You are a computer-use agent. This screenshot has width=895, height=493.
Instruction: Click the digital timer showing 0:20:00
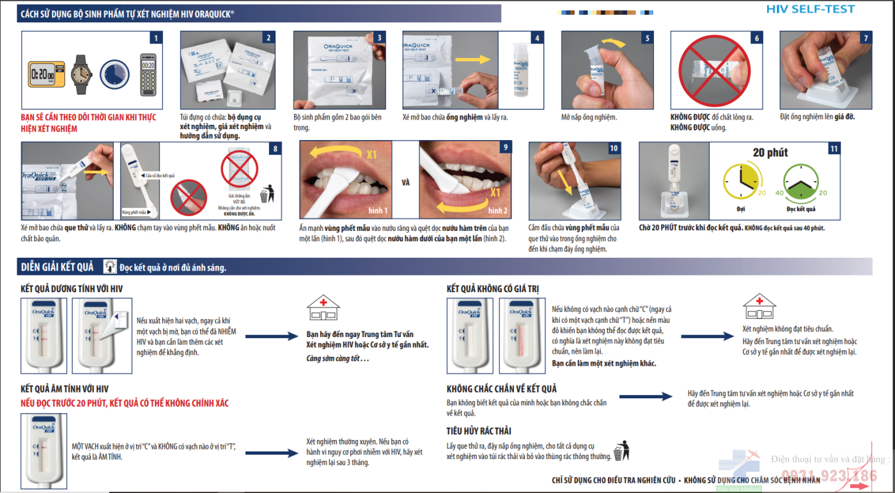click(46, 74)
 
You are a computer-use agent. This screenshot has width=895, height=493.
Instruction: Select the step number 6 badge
click(757, 38)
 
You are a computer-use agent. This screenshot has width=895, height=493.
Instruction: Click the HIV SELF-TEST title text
click(810, 9)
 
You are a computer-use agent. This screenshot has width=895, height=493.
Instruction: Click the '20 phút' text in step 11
click(770, 153)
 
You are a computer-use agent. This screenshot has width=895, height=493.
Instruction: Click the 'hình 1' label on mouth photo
click(378, 210)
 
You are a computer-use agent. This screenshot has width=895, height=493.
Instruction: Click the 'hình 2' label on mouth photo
click(497, 210)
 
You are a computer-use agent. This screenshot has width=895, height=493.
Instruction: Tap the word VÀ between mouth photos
click(405, 182)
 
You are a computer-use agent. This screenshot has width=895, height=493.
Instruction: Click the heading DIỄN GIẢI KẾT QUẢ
click(58, 267)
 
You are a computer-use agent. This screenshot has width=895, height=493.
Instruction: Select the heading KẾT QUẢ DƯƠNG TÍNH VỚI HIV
click(72, 289)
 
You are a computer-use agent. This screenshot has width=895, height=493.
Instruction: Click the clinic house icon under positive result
click(323, 308)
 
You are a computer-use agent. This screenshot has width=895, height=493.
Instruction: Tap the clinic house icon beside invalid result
click(759, 307)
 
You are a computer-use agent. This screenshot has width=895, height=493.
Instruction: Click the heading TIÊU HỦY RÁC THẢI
click(479, 431)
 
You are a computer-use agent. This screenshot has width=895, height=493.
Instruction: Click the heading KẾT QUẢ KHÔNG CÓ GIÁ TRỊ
click(492, 289)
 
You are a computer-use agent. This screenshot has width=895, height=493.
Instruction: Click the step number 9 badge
click(506, 148)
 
